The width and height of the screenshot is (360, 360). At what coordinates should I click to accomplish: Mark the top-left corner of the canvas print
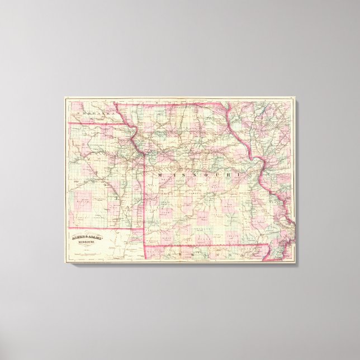tap(65, 97)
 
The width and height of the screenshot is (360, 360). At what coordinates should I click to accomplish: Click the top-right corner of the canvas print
tap(296, 97)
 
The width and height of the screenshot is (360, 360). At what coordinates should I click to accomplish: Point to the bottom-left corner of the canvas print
tap(65, 263)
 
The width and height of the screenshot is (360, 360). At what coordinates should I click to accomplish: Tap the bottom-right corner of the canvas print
tap(296, 263)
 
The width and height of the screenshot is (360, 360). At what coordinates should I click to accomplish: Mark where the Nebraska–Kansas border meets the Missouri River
tap(132, 124)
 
